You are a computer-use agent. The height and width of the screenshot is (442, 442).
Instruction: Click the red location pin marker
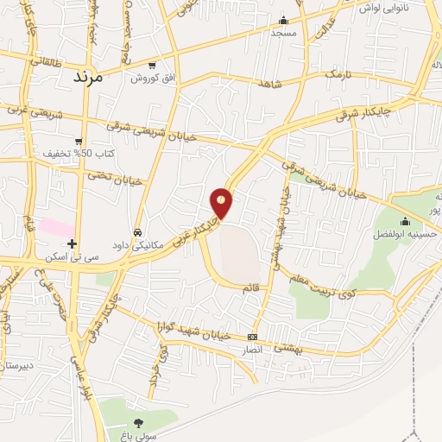[x=222, y=202]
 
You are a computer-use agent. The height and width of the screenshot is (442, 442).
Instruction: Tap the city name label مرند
[x=88, y=77]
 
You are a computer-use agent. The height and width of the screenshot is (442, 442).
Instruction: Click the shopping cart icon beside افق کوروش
[x=153, y=65]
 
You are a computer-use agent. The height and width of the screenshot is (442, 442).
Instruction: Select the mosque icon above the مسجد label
[x=283, y=21]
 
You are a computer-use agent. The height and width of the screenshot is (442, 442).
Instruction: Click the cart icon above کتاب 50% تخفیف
[x=79, y=141]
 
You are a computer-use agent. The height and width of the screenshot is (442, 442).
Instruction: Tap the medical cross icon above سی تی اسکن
[x=72, y=243]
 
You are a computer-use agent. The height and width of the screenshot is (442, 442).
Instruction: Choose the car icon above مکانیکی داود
[x=138, y=231]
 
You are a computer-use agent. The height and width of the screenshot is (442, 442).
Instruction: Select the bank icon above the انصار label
[x=252, y=337]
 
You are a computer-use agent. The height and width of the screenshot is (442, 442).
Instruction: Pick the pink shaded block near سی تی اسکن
[x=56, y=225]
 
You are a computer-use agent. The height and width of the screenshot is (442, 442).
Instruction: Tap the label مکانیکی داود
[x=142, y=244]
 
